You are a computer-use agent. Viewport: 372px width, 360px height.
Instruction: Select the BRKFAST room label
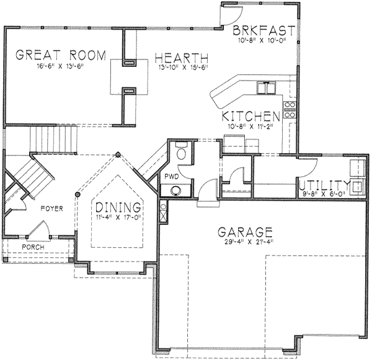pyautogui.click(x=258, y=31)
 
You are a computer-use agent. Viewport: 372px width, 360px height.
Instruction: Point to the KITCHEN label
pyautogui.click(x=249, y=116)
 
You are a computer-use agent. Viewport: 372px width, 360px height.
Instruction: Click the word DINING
pyautogui.click(x=117, y=208)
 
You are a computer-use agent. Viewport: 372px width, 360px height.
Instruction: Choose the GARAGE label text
pyautogui.click(x=246, y=232)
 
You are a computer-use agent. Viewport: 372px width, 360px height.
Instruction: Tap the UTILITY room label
pyautogui.click(x=324, y=185)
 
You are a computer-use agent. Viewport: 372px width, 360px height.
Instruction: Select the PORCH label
pyautogui.click(x=33, y=247)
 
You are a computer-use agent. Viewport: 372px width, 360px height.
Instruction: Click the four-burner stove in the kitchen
pyautogui.click(x=289, y=110)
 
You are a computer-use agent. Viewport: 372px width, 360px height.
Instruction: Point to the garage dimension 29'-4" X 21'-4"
pyautogui.click(x=246, y=243)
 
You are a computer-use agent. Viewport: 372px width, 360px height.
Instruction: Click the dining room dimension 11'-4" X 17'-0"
pyautogui.click(x=117, y=217)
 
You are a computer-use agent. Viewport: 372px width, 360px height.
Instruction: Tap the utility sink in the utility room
pyautogui.click(x=356, y=186)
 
